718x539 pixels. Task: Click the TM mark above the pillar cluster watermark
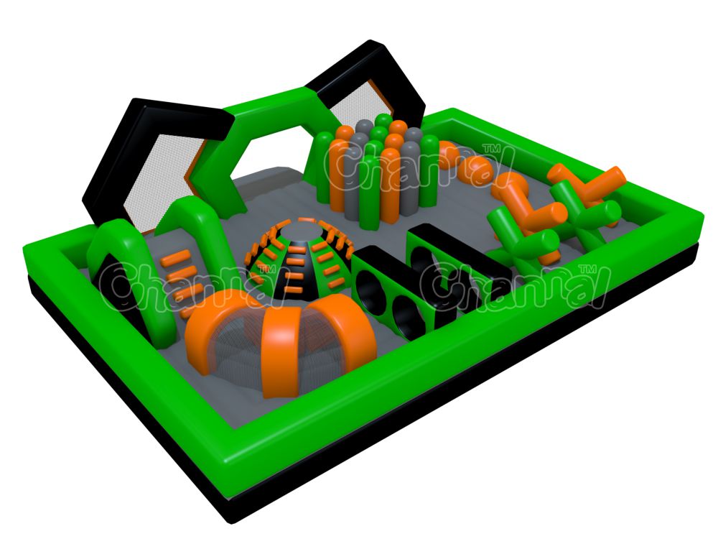coord(493,149)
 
